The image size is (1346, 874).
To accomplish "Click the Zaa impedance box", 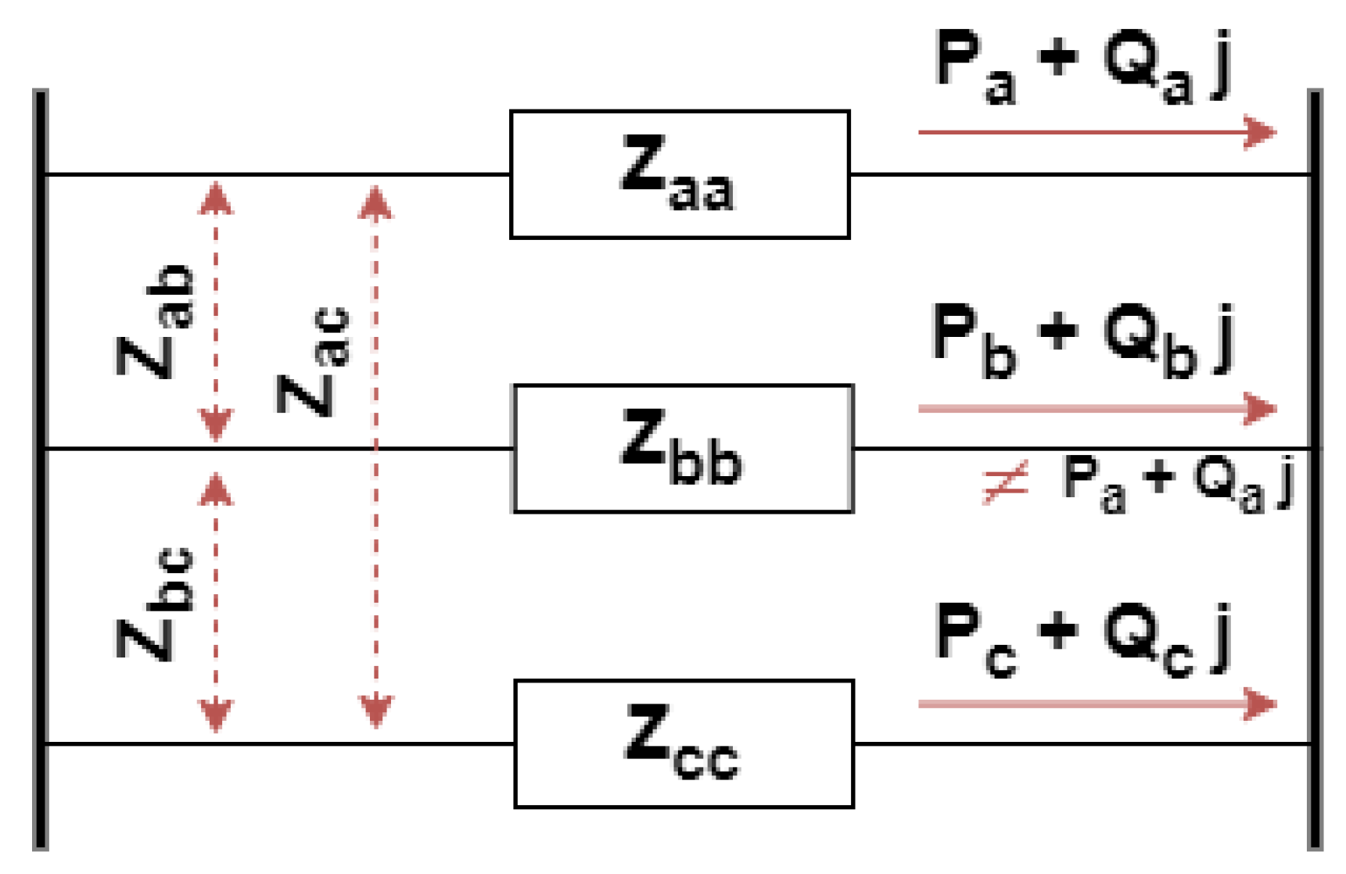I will pyautogui.click(x=679, y=174).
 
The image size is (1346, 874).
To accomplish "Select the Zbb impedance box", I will pyautogui.click(x=682, y=448).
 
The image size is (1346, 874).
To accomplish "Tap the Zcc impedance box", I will pyautogui.click(x=684, y=743).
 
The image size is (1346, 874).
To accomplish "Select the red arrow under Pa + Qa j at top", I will pyautogui.click(x=1095, y=132).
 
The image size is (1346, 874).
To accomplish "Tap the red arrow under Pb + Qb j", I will pyautogui.click(x=1095, y=408).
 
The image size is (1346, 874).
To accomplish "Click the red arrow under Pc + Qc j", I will pyautogui.click(x=1095, y=704).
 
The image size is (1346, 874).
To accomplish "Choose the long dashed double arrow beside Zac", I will pyautogui.click(x=375, y=457).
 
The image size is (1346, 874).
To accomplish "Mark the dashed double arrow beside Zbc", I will pyautogui.click(x=216, y=602).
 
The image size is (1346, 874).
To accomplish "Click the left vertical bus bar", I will pyautogui.click(x=41, y=469).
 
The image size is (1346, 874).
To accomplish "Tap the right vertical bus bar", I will pyautogui.click(x=1315, y=469).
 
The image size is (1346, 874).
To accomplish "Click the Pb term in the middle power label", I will pyautogui.click(x=974, y=340).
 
